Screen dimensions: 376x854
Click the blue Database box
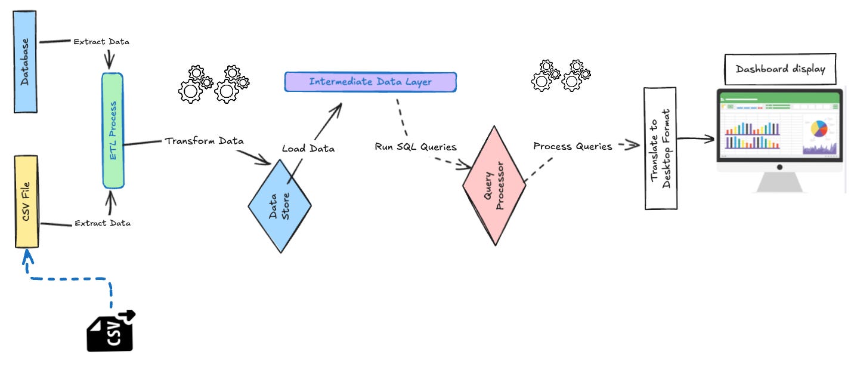(25, 61)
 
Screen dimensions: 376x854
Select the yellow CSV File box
(26, 201)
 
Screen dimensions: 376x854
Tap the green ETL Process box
(113, 130)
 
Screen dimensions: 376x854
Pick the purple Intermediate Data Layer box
(370, 82)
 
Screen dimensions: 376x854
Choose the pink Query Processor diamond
(494, 185)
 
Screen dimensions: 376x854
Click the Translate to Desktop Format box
(660, 148)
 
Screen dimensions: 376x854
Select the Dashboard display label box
(780, 69)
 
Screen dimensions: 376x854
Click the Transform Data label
(204, 141)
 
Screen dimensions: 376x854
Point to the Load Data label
(308, 148)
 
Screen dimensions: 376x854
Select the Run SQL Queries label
(415, 146)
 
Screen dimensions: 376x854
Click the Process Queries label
(573, 146)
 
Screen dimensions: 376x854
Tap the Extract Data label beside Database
(101, 42)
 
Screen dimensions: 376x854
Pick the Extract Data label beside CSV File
(102, 223)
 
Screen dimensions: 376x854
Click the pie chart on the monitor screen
(820, 128)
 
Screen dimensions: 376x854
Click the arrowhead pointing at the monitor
(710, 139)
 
